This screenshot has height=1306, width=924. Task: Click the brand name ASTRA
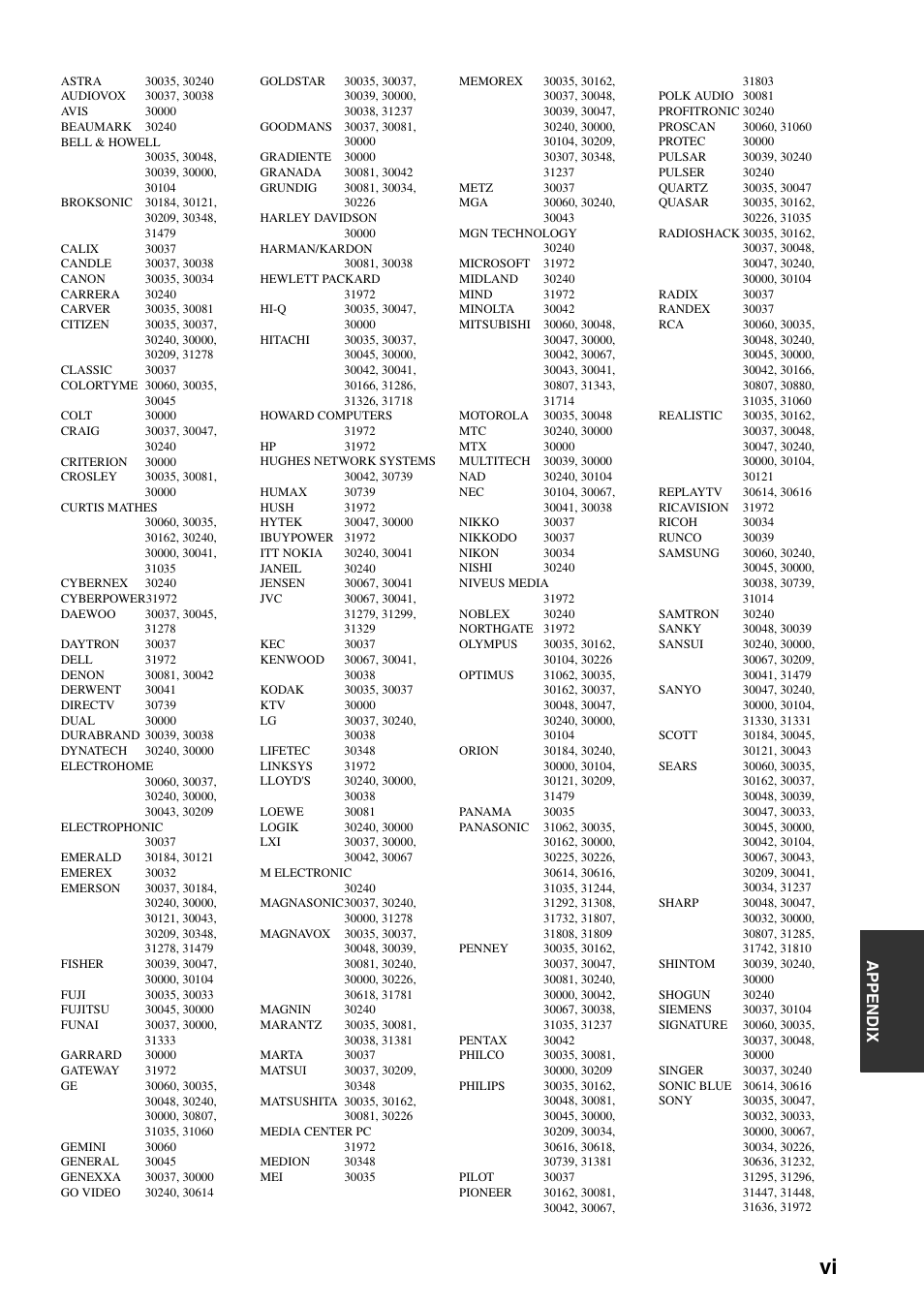80,81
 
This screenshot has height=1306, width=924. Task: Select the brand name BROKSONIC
96,202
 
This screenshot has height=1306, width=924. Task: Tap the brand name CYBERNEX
94,583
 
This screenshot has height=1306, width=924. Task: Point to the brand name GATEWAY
90,1071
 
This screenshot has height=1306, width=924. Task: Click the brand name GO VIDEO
90,1193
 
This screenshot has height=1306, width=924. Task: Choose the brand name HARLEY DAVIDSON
318,218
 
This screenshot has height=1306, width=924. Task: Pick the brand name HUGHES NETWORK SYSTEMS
347,461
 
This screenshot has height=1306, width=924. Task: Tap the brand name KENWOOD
292,660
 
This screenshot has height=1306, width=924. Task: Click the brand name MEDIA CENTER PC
315,1132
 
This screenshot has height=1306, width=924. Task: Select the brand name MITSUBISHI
494,325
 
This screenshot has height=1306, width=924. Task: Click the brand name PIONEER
484,1193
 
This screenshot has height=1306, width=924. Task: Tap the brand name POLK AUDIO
695,96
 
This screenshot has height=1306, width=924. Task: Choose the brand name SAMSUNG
689,553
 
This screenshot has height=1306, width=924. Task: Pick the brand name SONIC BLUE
694,1086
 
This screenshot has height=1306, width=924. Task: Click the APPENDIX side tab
891,1001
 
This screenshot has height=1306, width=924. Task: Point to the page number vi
826,1266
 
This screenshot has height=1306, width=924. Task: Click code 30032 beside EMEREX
161,873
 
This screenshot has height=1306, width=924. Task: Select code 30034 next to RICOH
758,522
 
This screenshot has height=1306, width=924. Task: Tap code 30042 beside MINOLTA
559,309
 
